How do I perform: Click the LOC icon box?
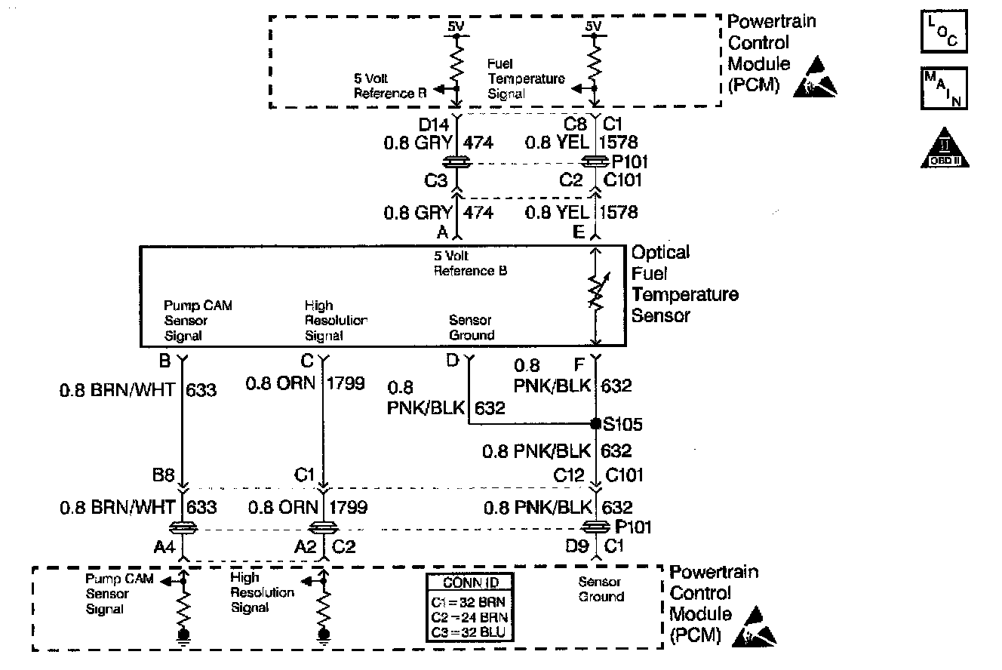coord(944,31)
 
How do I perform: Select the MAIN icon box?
coord(944,89)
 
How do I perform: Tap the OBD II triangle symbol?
coord(944,148)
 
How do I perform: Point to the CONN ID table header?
coord(469,582)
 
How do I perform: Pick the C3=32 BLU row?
coord(469,632)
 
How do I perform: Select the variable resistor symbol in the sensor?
coord(596,294)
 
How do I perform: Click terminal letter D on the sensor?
coord(452,361)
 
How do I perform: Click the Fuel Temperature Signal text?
coord(525,79)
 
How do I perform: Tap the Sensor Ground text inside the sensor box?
coord(472,327)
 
